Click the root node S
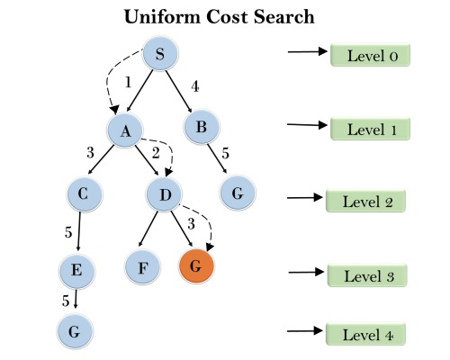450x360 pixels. coord(160,55)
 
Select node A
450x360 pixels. coord(126,130)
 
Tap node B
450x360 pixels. coord(202,127)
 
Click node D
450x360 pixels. coord(165,193)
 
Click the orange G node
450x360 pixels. coord(196,267)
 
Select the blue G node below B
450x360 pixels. coord(238,193)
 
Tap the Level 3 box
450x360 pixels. coord(367,275)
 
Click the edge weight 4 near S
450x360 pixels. coord(195,88)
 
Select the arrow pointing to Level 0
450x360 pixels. coord(306,52)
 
